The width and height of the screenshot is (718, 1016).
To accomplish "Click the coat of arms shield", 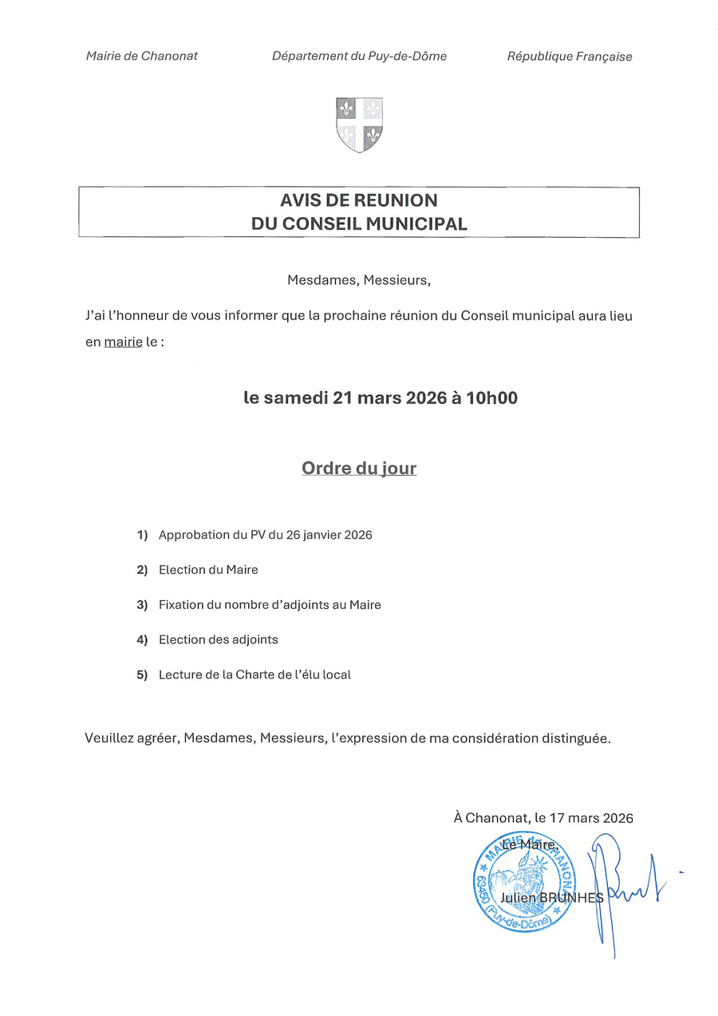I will pos(359,125).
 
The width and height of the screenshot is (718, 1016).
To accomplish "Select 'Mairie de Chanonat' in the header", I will pos(141,56).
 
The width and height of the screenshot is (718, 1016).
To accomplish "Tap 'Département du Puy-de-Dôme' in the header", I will pos(359,56).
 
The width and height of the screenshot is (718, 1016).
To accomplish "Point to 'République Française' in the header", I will pos(570,57).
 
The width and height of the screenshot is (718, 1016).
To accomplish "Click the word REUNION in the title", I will pos(392,200).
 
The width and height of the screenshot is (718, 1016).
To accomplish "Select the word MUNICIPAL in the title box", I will pos(416,224).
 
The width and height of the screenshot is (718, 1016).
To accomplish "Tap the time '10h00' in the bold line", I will pos(492,397).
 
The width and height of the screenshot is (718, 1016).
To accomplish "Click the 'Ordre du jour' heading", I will pos(359,468).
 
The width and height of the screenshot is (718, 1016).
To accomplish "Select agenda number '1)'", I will pos(142,535).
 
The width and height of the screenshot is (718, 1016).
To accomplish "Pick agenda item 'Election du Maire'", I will pos(208,570).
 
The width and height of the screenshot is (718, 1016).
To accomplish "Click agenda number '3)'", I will pos(142,605).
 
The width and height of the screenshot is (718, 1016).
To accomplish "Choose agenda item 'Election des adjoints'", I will pos(218,639).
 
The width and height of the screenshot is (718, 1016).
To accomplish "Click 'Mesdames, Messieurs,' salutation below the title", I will pos(358,280).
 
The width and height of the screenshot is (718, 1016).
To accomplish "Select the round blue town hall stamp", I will pos(523,883).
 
